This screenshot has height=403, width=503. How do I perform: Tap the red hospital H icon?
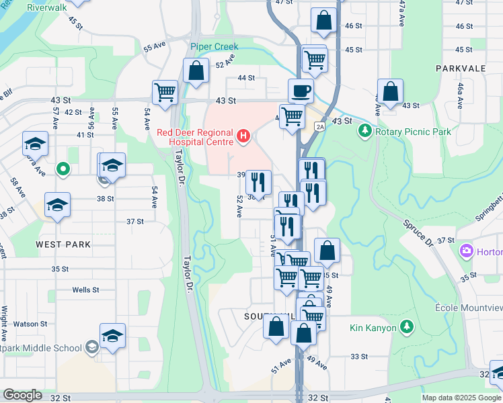pyautogui.click(x=243, y=138)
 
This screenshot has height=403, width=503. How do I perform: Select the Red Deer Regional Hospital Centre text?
pyautogui.click(x=194, y=136)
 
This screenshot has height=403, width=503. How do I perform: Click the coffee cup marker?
pyautogui.click(x=301, y=90)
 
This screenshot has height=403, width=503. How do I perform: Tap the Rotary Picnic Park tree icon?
pyautogui.click(x=365, y=132)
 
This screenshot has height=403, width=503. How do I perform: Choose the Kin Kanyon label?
pyautogui.click(x=373, y=328)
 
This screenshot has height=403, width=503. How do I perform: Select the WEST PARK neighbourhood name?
pyautogui.click(x=63, y=244)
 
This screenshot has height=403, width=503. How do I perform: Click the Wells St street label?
pyautogui.click(x=86, y=290)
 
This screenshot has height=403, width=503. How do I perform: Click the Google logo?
pyautogui.click(x=22, y=395)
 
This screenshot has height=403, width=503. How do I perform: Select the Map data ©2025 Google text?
pyautogui.click(x=461, y=398)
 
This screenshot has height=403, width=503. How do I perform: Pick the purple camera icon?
pyautogui.click(x=466, y=252)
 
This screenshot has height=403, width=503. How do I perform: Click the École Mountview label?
pyautogui.click(x=469, y=307)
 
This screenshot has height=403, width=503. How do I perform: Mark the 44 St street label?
pyautogui.click(x=245, y=78)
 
